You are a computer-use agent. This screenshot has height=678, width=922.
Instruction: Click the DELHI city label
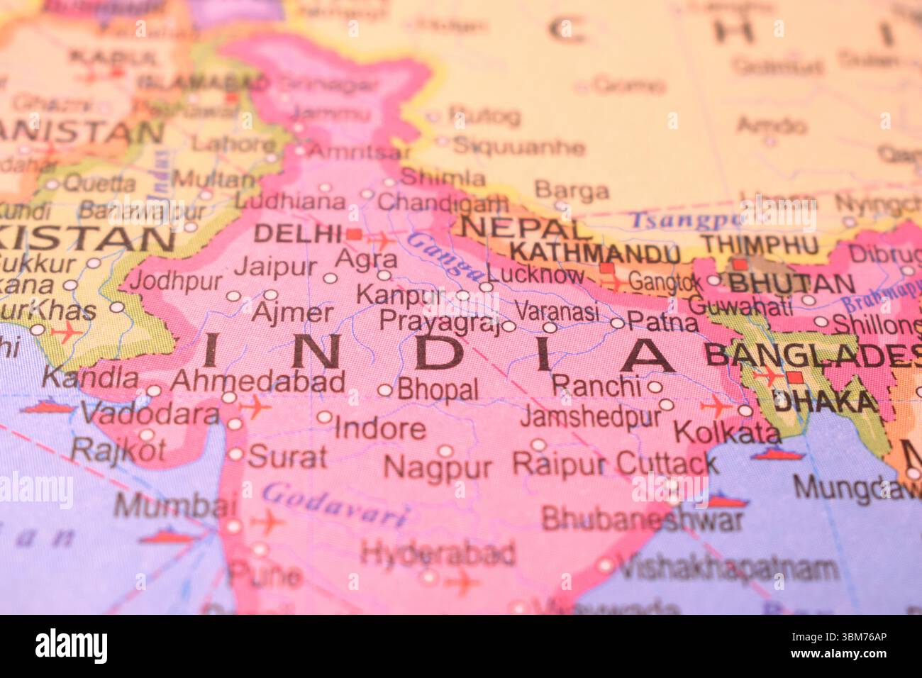[298, 233]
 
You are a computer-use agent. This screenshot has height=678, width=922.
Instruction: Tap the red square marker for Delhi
[354, 233]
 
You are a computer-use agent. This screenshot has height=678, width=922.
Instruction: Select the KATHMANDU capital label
[594, 252]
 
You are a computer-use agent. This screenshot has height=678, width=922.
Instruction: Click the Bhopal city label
[438, 389]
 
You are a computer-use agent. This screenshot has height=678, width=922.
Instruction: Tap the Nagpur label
[438, 468]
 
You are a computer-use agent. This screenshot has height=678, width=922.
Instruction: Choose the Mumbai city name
[175, 506]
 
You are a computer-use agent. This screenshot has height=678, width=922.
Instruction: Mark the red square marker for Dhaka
[795, 377]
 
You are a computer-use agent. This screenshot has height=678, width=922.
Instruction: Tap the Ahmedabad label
[257, 382]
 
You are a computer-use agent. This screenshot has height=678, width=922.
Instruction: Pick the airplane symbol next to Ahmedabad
[255, 407]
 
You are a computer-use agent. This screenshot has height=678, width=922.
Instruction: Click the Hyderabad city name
[438, 553]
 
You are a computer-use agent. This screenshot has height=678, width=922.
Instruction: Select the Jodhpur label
[175, 281]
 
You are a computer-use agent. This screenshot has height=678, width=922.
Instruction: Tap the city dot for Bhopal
[384, 390]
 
